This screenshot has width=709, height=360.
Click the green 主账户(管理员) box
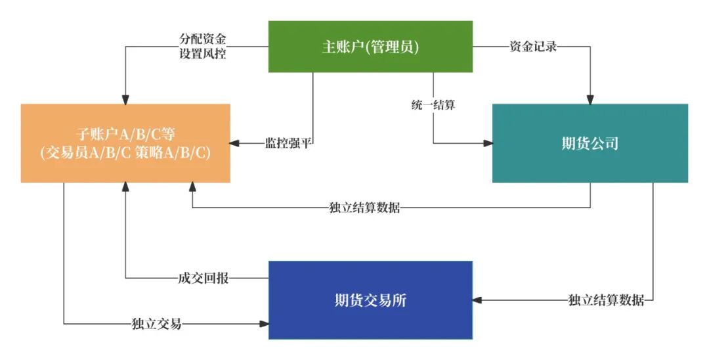tap(370, 47)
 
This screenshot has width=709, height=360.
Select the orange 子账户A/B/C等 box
tap(125, 143)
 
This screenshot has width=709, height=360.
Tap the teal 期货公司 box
tap(590, 143)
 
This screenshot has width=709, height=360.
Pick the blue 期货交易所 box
tap(370, 300)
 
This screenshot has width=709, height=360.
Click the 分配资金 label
tap(203, 39)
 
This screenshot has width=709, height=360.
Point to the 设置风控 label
tap(203, 54)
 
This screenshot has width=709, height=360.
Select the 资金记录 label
tap(534, 47)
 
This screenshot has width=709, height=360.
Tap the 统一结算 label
tap(433, 104)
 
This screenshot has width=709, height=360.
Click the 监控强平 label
tap(288, 143)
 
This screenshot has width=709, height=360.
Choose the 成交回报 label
tap(204, 278)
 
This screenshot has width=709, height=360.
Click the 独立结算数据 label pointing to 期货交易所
tap(606, 300)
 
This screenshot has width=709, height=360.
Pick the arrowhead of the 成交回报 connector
tap(125, 188)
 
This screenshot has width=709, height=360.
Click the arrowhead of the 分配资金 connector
tap(125, 99)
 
